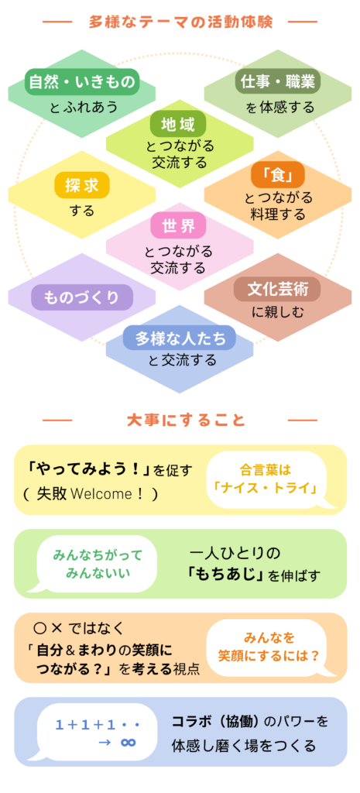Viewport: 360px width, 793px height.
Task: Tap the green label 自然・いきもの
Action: tap(82, 82)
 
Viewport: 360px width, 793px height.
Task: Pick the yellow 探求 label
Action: tap(82, 186)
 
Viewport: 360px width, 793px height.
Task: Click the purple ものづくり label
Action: tap(82, 297)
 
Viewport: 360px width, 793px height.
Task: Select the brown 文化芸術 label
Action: tap(278, 290)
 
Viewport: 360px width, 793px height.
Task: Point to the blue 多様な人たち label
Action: tap(180, 338)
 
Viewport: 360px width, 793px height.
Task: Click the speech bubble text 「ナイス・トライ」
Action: tap(265, 489)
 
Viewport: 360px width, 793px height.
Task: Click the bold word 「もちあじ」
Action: tap(225, 575)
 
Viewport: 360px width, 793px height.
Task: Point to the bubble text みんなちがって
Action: tap(98, 554)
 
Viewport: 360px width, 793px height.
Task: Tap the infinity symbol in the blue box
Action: tap(128, 742)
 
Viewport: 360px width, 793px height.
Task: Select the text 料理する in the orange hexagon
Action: tap(278, 214)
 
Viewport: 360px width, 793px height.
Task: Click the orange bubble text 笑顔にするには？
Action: tap(269, 655)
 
